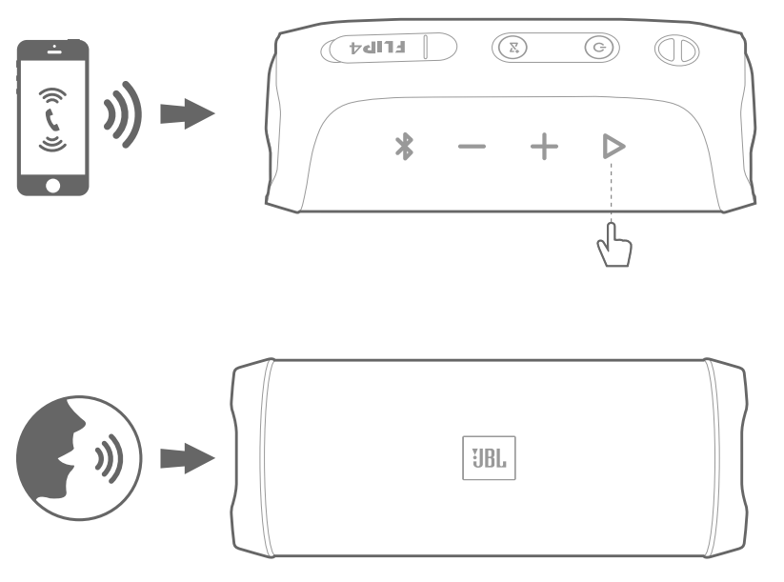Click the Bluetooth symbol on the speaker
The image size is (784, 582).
404,147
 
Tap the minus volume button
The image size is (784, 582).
471,148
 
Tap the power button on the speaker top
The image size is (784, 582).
597,47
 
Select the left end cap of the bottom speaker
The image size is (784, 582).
248,458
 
